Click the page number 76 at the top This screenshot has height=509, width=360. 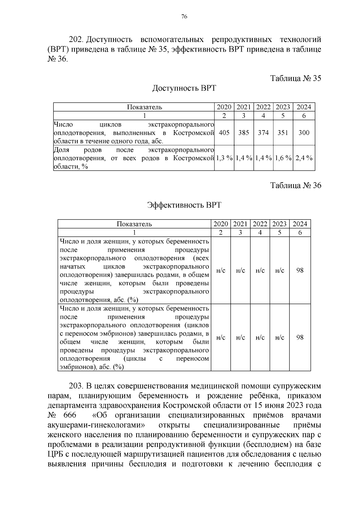184,17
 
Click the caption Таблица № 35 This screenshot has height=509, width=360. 295,78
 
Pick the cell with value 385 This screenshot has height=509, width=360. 244,133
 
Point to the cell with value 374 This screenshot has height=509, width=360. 263,133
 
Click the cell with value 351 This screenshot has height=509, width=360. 283,133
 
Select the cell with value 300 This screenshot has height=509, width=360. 304,133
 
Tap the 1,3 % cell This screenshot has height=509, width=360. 224,158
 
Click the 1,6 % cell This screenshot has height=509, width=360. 283,158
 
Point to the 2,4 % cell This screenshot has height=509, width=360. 304,158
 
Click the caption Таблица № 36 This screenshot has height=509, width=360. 295,185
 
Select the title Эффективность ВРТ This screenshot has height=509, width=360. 184,205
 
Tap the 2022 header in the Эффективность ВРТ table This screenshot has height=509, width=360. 260,224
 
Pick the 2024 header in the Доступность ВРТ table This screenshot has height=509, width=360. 304,107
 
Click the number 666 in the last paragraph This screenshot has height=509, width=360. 70,415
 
